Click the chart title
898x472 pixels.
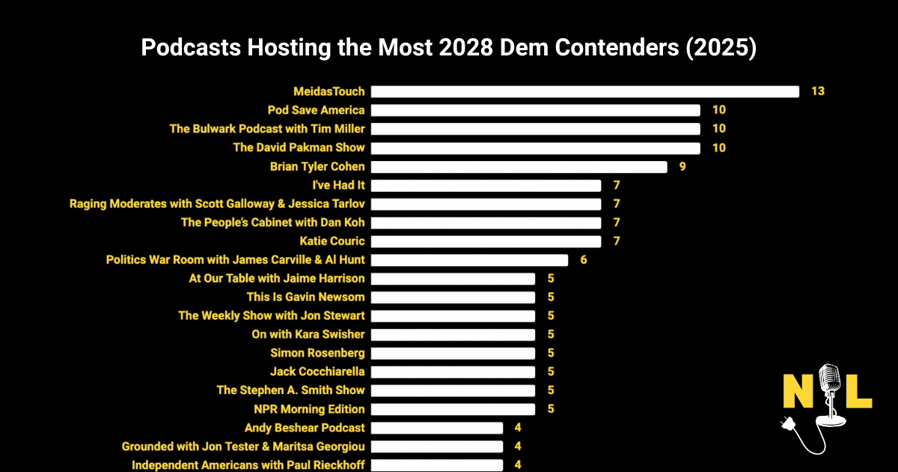coord(449,48)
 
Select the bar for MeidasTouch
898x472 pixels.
coord(585,91)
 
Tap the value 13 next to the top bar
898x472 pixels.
coord(817,91)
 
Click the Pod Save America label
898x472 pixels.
coord(316,110)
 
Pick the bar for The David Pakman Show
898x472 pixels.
coord(536,148)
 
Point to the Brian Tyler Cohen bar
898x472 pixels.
coord(519,166)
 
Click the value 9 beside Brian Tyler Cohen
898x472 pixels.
coord(682,166)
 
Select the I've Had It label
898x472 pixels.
coord(338,185)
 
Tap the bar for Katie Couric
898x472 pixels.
coord(486,241)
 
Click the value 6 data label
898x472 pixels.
coord(584,260)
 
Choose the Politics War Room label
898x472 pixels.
coord(236,260)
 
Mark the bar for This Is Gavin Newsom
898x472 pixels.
coord(453,297)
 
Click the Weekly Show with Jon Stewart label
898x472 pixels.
coord(272,315)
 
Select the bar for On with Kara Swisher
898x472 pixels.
coord(453,334)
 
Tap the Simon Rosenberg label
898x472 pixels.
coord(317,353)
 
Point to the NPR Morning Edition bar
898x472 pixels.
coord(453,409)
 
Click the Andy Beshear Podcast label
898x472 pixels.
coord(305,428)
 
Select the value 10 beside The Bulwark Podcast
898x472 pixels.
coord(718,129)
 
